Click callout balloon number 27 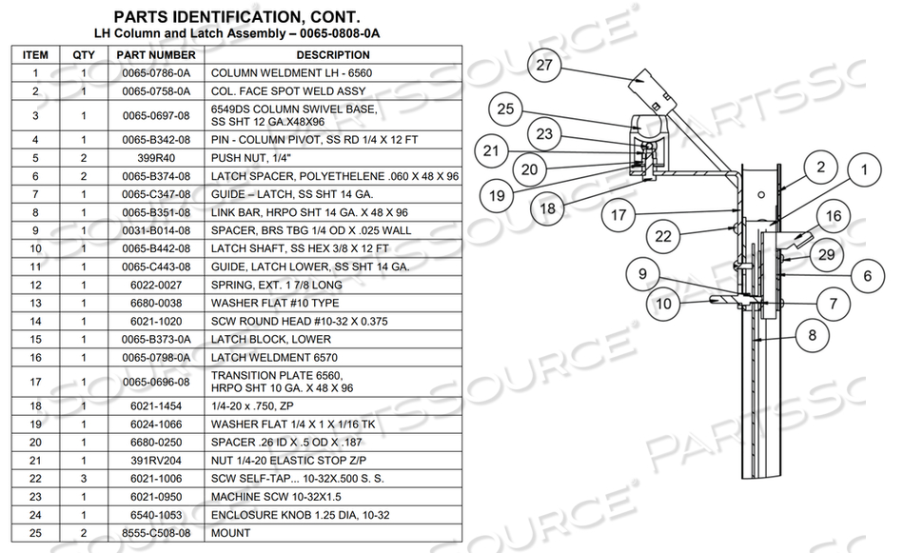coord(544,66)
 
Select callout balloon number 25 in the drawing coord(505,109)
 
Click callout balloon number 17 coord(619,215)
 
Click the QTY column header coord(84,55)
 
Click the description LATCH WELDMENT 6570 coord(270,357)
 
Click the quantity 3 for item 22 coord(84,479)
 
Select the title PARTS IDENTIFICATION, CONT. coord(237,16)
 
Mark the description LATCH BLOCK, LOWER coord(270,339)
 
